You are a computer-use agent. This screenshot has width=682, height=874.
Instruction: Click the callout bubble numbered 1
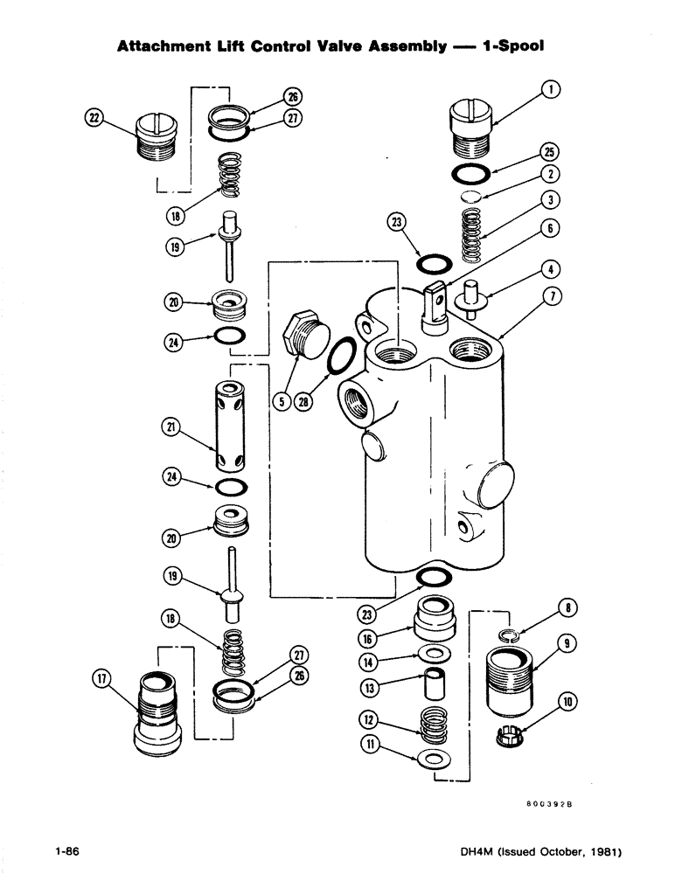553,89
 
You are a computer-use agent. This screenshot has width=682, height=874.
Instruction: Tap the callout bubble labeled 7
553,296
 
